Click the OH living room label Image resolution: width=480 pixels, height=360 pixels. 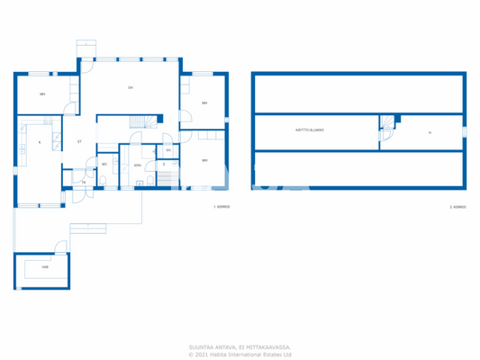[131, 87]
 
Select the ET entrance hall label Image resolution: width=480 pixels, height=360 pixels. [79, 142]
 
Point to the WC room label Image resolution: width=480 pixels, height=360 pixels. [104, 165]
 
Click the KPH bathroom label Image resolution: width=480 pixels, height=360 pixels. [138, 166]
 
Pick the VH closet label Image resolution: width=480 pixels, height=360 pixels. [168, 150]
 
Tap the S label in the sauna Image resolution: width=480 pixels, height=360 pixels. [164, 166]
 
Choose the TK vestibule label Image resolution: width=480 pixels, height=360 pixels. [83, 183]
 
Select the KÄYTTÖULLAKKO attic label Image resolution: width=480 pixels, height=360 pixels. [309, 130]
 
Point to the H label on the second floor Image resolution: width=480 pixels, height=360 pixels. [430, 133]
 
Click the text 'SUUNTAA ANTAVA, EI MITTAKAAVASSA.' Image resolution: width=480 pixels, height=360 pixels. [240, 346]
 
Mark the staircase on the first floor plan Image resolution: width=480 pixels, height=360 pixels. [143, 123]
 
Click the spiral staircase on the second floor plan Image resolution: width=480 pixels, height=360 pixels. [387, 125]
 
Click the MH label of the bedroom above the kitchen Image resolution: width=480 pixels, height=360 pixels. [42, 94]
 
